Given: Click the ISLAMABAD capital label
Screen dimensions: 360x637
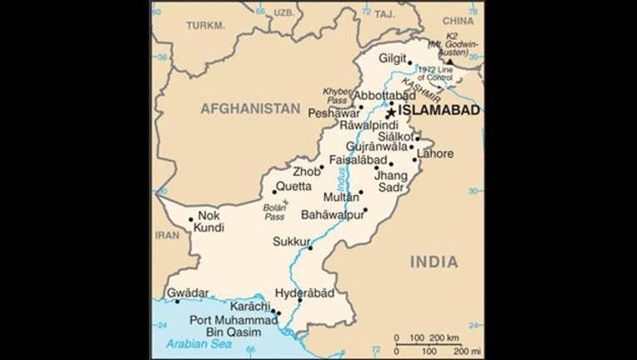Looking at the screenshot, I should pos(439,110).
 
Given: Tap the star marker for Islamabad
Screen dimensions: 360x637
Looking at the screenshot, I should pos(389,112).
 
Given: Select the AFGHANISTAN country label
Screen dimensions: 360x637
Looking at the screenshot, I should pos(249,108).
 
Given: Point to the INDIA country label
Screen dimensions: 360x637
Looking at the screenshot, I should pos(434,262).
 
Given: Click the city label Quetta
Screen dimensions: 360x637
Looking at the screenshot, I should pos(294,186).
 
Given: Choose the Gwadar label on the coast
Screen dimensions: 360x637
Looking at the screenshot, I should pos(188,293).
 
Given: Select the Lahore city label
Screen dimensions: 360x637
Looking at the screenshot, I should pos(436,153).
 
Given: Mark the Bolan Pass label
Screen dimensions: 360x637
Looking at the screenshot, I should pos(274,212).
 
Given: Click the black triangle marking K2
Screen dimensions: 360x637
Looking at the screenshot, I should pos(450,62).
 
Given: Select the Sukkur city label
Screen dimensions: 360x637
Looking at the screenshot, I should pos(291,242).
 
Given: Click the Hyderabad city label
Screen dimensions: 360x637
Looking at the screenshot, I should pos(303,293).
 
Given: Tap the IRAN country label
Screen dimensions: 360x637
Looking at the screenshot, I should pos(168,235).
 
